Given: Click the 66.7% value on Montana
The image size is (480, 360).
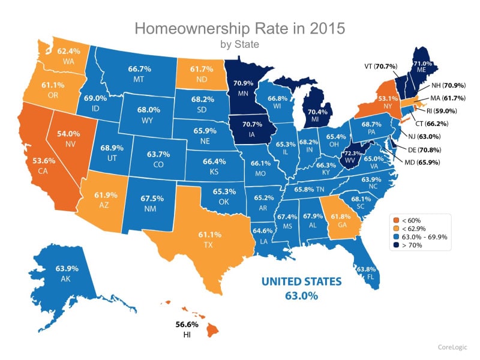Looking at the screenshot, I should click(139, 70).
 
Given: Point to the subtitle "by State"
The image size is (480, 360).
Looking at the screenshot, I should click(239, 44).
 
